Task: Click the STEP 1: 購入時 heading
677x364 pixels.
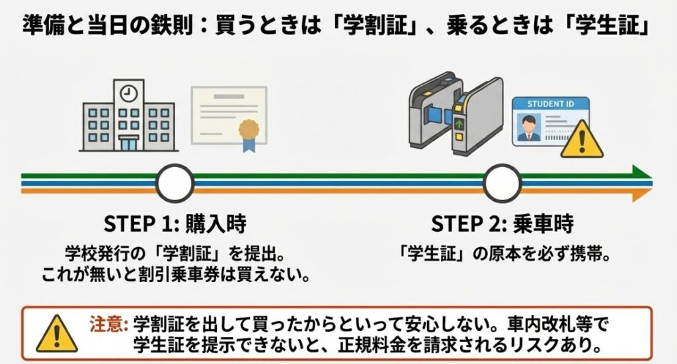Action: [x=175, y=223]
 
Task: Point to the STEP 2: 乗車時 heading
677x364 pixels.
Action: [x=502, y=223]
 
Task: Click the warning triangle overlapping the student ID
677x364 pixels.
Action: [x=582, y=139]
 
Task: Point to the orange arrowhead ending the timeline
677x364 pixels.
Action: [x=640, y=193]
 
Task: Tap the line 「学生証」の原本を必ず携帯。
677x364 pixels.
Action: [x=503, y=253]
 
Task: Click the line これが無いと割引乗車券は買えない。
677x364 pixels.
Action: [x=175, y=273]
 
